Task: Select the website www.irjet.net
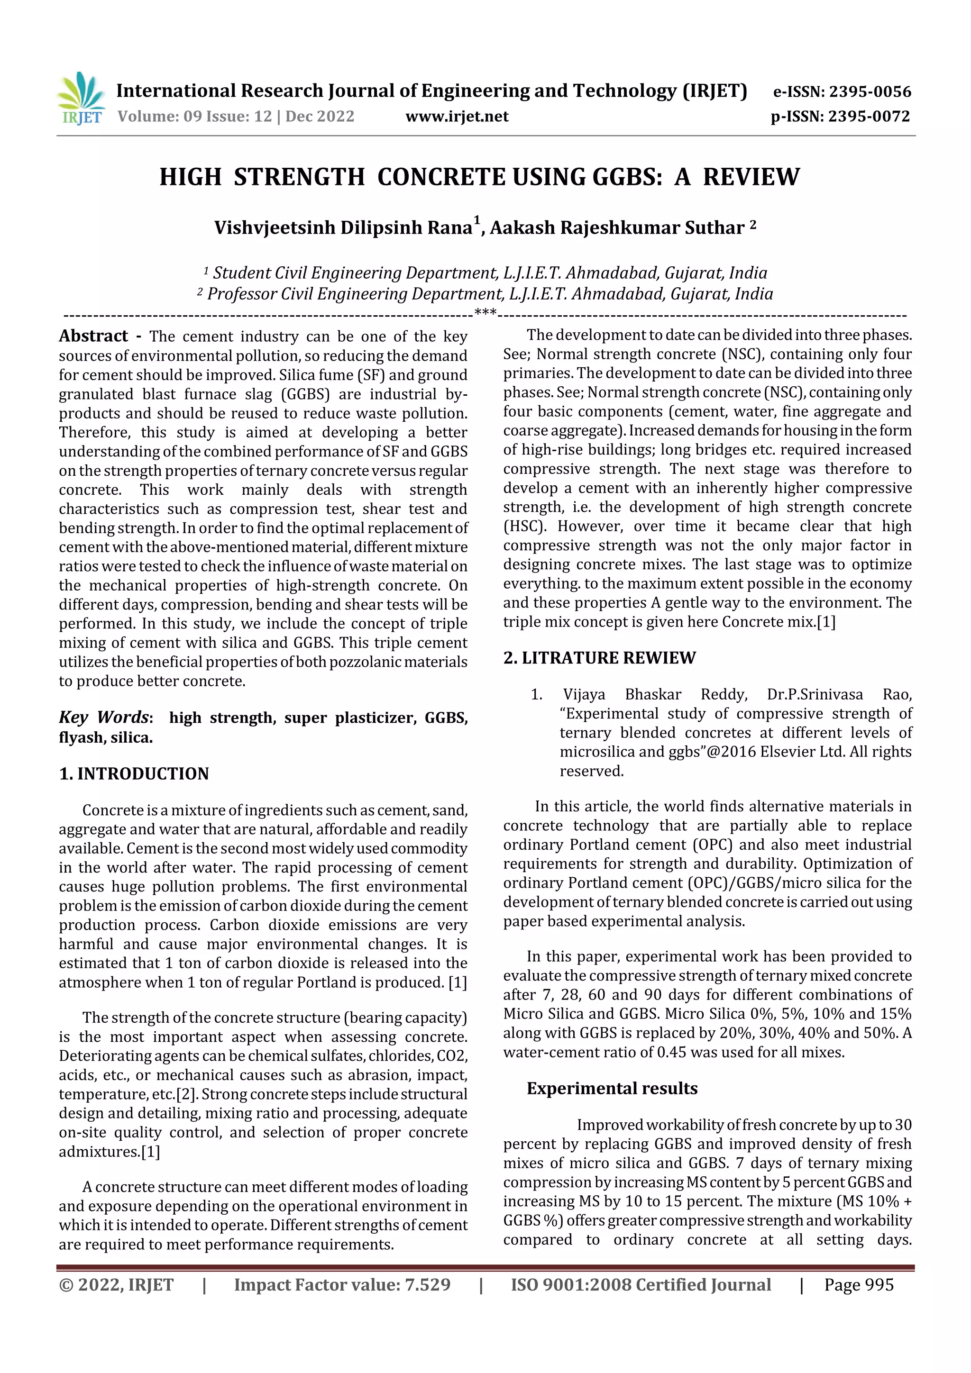[457, 117]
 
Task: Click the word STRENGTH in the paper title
[299, 178]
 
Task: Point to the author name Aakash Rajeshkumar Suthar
[617, 228]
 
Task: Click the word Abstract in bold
[93, 336]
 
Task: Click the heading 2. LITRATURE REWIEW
[599, 658]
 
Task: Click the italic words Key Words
[104, 717]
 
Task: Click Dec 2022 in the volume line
[320, 117]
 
